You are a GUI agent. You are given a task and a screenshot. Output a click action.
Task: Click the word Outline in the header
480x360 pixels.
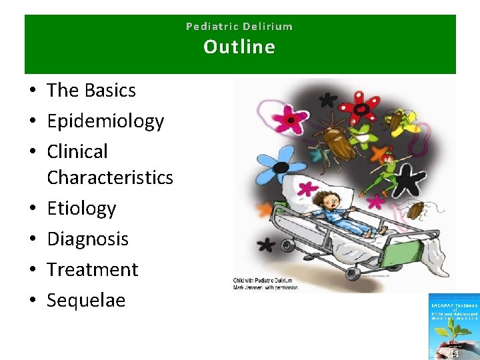point(239,47)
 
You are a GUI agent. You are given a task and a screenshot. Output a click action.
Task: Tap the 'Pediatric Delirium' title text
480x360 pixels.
point(239,27)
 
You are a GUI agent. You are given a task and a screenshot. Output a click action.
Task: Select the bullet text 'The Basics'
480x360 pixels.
point(91,90)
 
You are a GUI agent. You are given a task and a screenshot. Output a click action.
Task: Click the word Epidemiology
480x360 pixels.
point(105,121)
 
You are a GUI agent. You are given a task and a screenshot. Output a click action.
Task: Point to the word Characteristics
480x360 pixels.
point(110,177)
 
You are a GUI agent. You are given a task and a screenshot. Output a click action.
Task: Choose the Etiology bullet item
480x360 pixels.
point(81,208)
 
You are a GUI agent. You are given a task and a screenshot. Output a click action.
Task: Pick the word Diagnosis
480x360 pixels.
point(87,239)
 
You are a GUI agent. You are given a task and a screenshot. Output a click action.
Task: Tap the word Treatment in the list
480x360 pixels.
point(93,269)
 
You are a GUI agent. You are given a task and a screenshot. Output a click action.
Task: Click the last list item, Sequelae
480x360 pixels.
point(86,300)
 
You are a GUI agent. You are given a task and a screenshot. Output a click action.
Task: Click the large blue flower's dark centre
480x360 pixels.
point(281,167)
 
